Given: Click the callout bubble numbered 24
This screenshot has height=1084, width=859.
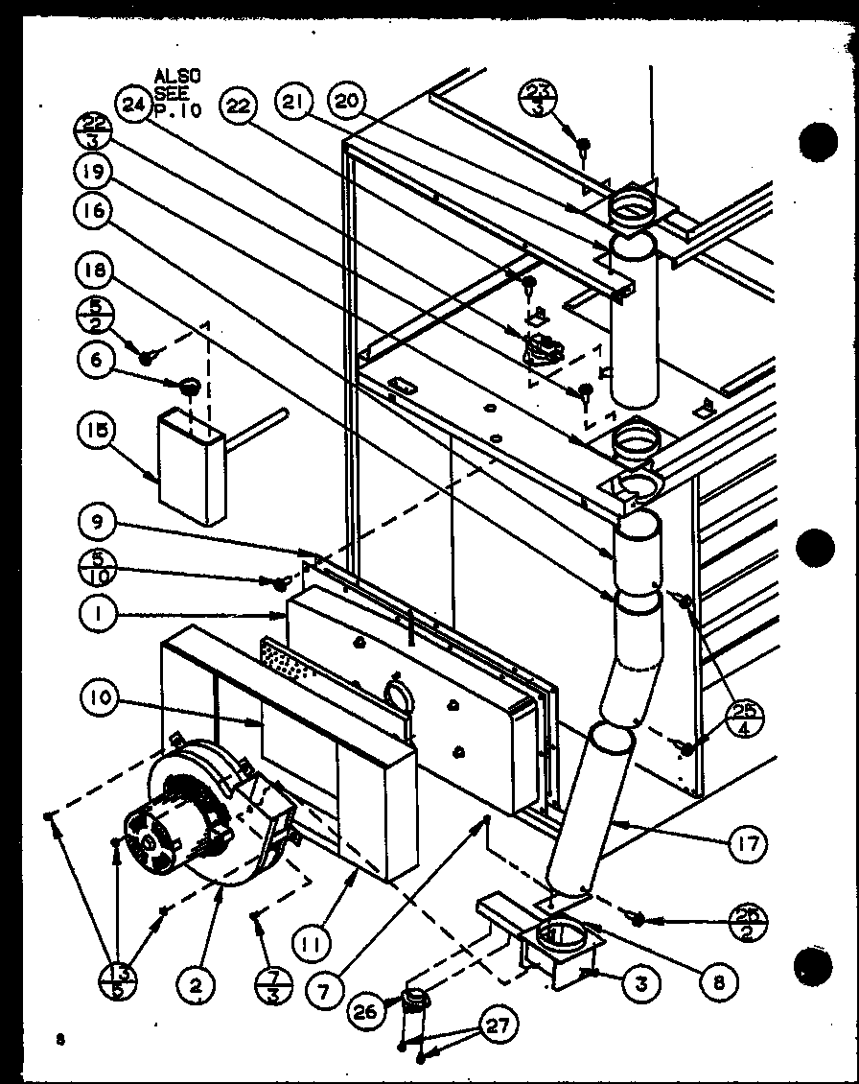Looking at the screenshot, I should click(x=132, y=105).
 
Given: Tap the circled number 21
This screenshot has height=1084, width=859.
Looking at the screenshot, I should click(x=292, y=102).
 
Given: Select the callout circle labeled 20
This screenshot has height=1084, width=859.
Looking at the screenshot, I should click(x=347, y=102).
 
